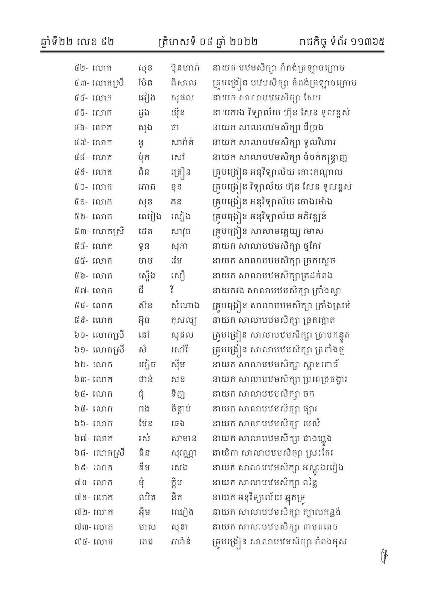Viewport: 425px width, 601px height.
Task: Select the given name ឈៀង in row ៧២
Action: click(x=182, y=512)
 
